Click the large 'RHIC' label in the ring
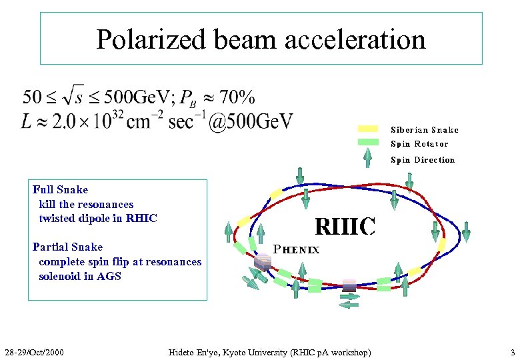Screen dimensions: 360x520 click(x=345, y=227)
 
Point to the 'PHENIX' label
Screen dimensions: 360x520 click(x=297, y=250)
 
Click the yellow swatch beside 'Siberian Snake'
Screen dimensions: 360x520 click(x=368, y=129)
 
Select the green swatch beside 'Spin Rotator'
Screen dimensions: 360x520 click(x=368, y=142)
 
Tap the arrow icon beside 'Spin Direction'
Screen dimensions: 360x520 click(x=367, y=157)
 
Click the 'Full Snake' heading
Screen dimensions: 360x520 click(x=60, y=190)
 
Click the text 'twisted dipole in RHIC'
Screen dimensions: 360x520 click(x=98, y=218)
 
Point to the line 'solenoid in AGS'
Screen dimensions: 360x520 click(x=80, y=276)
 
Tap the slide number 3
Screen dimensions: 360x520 click(x=512, y=351)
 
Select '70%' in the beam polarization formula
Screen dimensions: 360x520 click(x=237, y=98)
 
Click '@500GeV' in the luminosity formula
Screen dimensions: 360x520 click(x=251, y=122)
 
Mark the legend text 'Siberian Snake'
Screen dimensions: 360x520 click(x=425, y=130)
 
